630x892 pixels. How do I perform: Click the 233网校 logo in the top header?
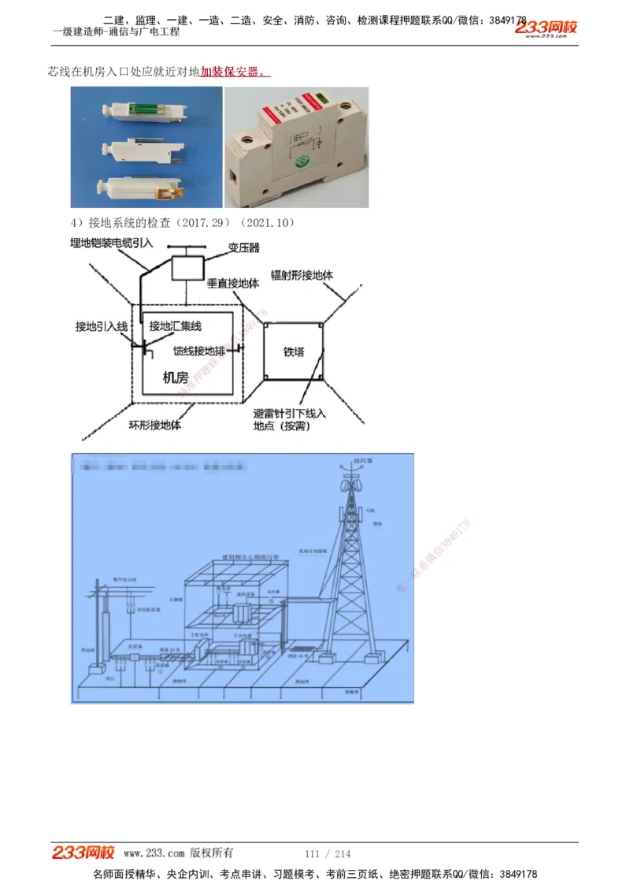pyautogui.click(x=547, y=28)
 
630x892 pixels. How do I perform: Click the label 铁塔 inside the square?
pyautogui.click(x=294, y=352)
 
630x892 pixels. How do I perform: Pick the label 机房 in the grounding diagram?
pyautogui.click(x=175, y=377)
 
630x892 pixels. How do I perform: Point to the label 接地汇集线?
pyautogui.click(x=175, y=326)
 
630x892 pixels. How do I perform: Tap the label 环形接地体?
pyautogui.click(x=155, y=425)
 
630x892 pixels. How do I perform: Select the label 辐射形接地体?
pyautogui.click(x=302, y=276)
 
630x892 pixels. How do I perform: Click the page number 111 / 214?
pyautogui.click(x=328, y=854)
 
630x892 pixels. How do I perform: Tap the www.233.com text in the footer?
pyautogui.click(x=154, y=853)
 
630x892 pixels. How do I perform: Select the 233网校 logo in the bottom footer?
pyautogui.click(x=83, y=853)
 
